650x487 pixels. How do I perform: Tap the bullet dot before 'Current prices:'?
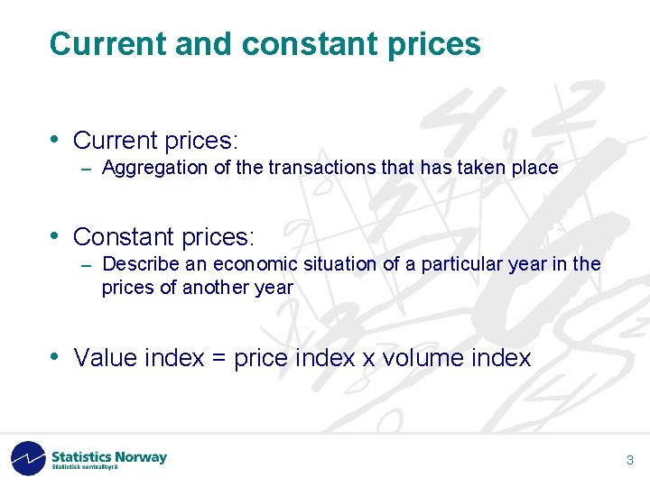[55, 139]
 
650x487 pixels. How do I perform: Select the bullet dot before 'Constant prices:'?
[55, 235]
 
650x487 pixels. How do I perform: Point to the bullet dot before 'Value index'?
[55, 356]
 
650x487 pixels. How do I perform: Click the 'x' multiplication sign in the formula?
[368, 359]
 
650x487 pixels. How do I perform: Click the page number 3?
[630, 461]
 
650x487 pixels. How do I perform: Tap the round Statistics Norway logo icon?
[28, 458]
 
